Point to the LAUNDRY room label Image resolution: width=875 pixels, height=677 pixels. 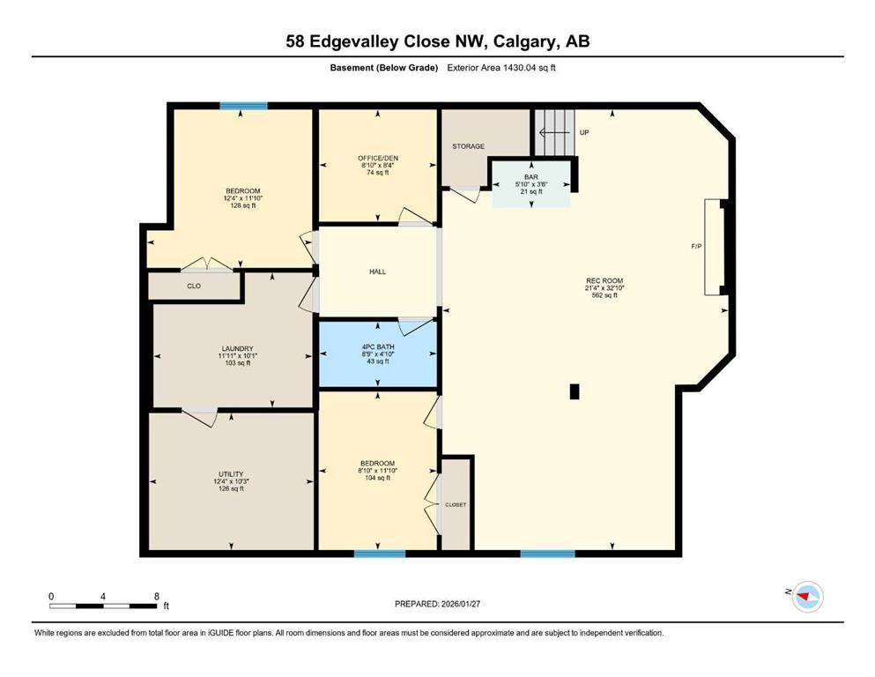pos(236,347)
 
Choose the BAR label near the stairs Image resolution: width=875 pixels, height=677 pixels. pos(531,176)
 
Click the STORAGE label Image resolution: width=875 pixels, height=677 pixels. pos(469,146)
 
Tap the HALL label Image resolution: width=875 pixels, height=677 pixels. pos(378,272)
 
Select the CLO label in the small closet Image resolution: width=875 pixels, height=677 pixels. pos(194,286)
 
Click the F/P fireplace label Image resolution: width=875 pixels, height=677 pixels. pos(696,247)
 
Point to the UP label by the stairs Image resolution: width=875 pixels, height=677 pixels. pos(583,133)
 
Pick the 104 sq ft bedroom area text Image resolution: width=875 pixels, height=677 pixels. pos(377,478)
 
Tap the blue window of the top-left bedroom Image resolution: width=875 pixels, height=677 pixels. pos(243,106)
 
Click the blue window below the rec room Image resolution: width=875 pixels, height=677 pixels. pos(547,554)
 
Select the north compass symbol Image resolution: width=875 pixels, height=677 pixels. pos(805,598)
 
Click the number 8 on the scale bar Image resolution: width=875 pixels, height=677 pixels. pos(157,597)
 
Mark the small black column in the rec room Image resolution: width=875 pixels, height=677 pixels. pos(575,392)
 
